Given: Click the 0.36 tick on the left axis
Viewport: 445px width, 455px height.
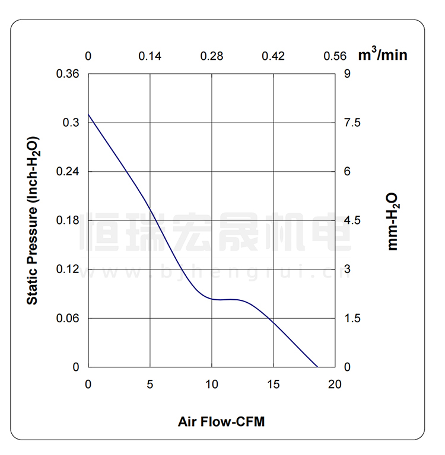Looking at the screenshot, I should tap(68, 74).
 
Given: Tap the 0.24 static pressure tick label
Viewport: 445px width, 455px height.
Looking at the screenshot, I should tap(68, 172).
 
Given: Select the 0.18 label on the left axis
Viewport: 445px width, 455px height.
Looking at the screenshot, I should tap(68, 220).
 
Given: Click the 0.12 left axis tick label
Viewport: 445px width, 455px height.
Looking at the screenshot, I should tap(68, 270).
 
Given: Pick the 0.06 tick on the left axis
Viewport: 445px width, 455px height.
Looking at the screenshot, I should tap(68, 318).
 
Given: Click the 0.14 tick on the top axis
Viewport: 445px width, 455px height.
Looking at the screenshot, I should tap(150, 56).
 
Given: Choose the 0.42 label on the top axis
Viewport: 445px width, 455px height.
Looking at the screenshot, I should tap(274, 56).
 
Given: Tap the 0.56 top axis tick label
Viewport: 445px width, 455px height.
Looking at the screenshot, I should tap(335, 56).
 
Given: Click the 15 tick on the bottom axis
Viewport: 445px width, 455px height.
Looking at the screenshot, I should tap(274, 384).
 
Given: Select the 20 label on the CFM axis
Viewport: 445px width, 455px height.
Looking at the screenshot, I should tap(335, 384).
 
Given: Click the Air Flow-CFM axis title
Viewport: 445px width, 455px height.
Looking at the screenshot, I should tap(221, 422).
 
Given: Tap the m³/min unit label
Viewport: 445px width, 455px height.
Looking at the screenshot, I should tap(383, 55).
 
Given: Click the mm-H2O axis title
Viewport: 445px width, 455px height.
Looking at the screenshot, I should tap(393, 220).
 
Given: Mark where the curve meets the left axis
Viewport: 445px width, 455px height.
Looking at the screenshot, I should tap(88, 114).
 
